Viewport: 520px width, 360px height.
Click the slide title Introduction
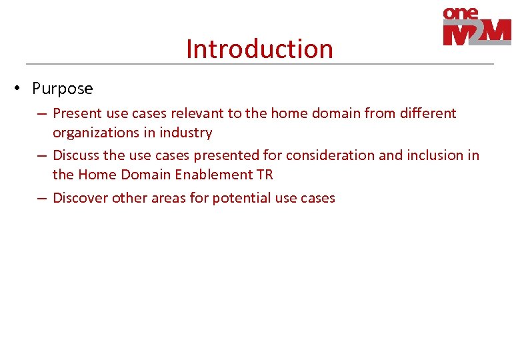point(259,49)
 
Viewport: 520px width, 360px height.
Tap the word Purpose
point(63,89)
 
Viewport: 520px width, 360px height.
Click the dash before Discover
point(41,198)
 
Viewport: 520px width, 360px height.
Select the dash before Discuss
point(41,155)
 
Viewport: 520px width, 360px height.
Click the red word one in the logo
point(461,13)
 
